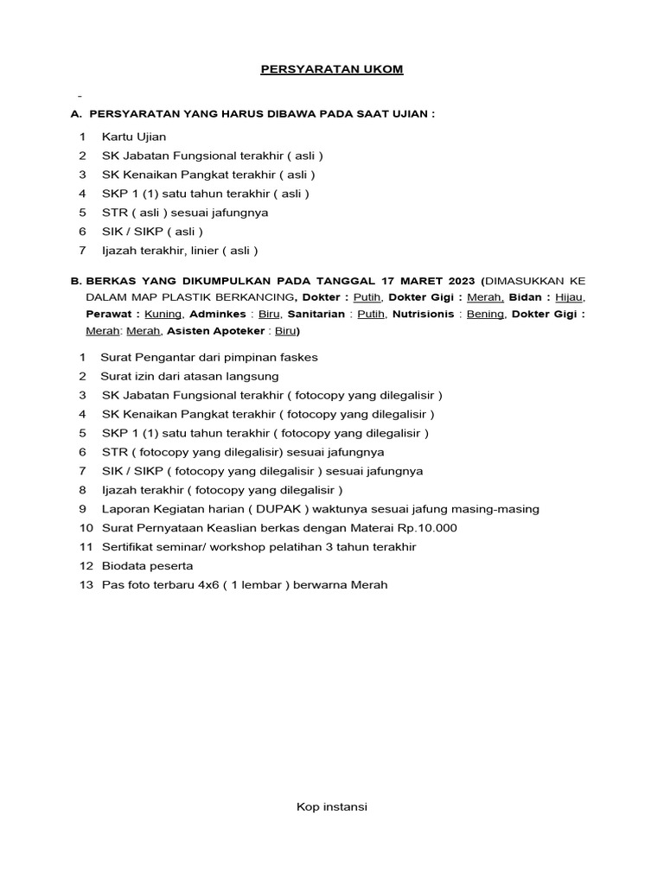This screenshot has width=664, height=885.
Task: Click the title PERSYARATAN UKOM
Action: [332, 69]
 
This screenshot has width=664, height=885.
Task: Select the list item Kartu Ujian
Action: [134, 137]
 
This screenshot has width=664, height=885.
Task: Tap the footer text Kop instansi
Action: [332, 806]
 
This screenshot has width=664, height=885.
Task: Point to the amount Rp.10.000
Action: [425, 528]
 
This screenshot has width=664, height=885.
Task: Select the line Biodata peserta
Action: [147, 566]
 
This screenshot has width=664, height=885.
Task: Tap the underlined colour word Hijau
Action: [568, 298]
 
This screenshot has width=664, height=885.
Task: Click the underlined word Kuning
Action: [163, 314]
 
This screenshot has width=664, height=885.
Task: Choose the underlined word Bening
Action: [485, 314]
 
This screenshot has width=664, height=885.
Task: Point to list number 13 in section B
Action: [85, 585]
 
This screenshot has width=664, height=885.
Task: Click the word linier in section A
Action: [206, 251]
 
